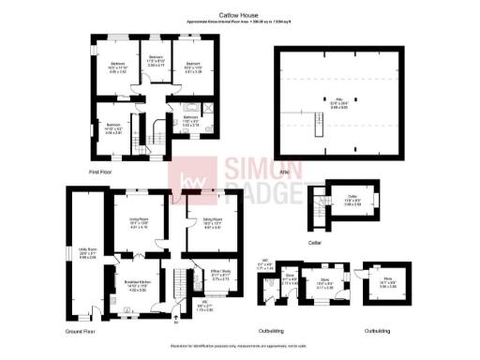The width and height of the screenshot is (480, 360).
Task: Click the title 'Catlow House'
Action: coord(239,16)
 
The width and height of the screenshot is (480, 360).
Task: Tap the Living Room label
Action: coord(138,222)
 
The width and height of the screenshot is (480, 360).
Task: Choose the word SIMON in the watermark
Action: coord(262,169)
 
